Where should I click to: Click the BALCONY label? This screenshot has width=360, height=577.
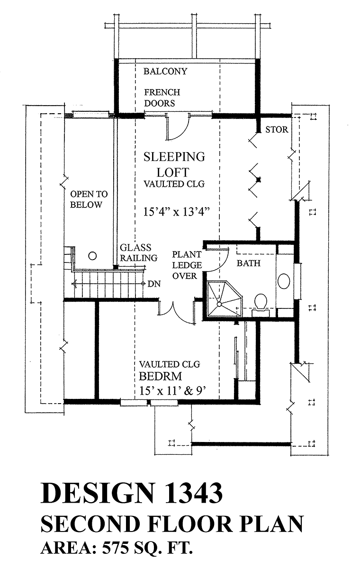click(x=165, y=71)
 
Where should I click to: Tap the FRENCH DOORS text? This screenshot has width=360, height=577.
click(x=162, y=98)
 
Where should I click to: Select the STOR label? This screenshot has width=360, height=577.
click(x=277, y=130)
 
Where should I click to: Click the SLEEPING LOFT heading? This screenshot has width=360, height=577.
click(x=174, y=164)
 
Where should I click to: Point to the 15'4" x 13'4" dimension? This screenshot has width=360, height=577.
click(x=176, y=212)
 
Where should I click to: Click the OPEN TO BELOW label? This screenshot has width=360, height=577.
click(x=89, y=199)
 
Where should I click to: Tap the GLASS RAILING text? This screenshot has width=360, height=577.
click(x=138, y=252)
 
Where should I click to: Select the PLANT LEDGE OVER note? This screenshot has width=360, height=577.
click(x=187, y=265)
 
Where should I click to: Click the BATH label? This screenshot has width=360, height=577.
click(x=249, y=263)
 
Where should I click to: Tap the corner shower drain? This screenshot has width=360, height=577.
click(x=219, y=304)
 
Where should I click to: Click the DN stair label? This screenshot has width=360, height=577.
click(x=154, y=284)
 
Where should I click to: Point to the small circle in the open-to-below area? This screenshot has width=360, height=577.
click(x=92, y=256)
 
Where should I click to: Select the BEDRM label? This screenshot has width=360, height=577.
click(x=161, y=376)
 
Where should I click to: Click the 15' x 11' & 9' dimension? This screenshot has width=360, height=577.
click(x=172, y=391)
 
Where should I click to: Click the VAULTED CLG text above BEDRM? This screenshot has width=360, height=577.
click(x=170, y=364)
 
